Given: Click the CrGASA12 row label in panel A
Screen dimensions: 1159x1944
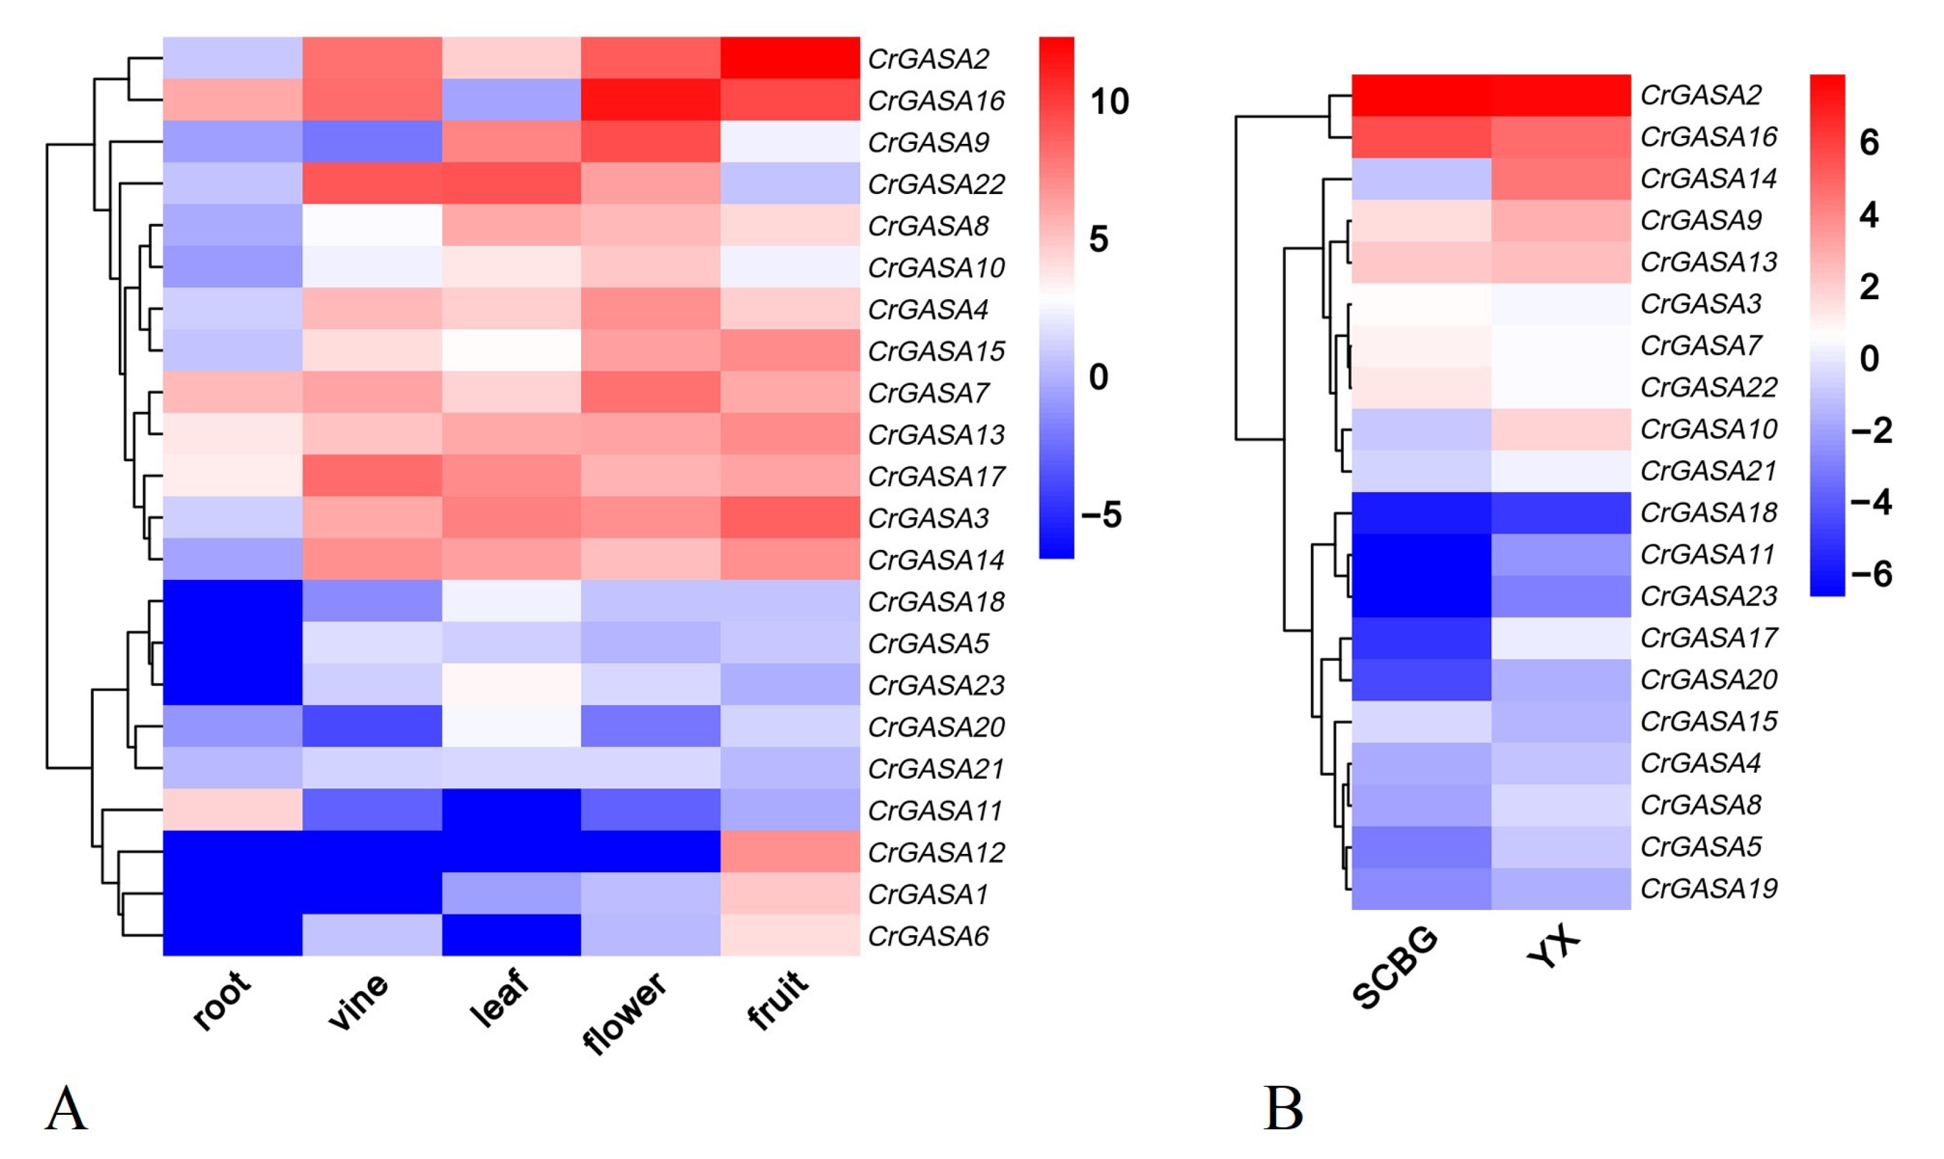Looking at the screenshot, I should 936,852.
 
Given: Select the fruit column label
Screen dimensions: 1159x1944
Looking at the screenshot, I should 777,1000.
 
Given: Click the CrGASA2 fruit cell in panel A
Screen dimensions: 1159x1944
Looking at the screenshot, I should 790,58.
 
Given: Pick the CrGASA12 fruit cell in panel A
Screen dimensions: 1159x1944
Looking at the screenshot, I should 790,851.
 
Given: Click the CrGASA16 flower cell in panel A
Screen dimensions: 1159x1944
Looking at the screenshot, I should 650,99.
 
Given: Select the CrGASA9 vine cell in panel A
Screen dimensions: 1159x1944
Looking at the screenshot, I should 371,142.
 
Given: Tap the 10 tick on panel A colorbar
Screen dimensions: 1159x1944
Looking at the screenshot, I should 1109,102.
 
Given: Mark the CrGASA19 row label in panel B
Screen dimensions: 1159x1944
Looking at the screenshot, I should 1708,888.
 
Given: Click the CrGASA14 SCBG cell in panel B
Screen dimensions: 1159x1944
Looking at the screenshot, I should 1421,179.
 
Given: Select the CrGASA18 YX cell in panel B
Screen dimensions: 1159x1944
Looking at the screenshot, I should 1561,512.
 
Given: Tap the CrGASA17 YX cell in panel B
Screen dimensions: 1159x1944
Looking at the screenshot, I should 1561,638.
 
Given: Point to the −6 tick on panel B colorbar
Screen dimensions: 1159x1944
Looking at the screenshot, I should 1871,574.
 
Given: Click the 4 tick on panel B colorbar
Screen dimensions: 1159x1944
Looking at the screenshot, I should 1868,214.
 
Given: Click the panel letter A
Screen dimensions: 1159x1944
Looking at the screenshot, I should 66,1108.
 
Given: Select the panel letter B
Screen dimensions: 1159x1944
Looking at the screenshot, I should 1283,1108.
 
